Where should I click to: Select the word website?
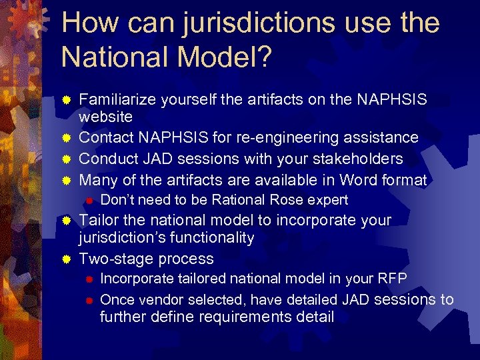click(106, 117)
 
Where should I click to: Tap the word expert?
click(327, 200)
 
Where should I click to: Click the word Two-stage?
click(113, 259)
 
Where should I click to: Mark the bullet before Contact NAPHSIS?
click(66, 139)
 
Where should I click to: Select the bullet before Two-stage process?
click(66, 259)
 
